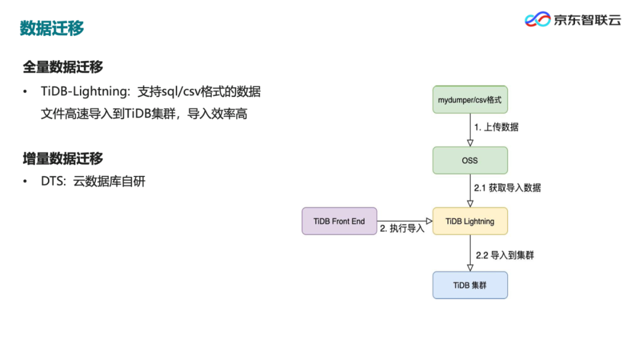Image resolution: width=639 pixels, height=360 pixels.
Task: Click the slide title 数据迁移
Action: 52,28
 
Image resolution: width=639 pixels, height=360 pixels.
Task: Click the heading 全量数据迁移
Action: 63,67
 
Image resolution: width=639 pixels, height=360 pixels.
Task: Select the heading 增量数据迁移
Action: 63,158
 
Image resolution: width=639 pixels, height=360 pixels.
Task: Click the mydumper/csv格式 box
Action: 470,99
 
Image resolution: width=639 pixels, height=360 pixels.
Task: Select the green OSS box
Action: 470,160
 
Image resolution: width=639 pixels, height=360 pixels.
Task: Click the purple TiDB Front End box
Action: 339,221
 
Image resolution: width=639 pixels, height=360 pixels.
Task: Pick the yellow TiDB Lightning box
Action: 470,221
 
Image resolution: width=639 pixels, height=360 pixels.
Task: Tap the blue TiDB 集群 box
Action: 470,285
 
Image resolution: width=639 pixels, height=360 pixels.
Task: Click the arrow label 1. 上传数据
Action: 496,127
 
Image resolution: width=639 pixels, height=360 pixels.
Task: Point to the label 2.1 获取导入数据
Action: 507,188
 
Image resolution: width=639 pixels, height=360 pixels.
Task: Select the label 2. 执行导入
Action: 402,229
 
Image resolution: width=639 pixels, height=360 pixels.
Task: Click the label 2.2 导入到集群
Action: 505,256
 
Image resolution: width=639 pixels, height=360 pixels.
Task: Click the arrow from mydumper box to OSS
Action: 470,130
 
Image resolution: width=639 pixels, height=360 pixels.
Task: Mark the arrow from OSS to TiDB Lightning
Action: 470,191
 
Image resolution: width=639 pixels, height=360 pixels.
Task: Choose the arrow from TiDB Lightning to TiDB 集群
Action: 470,253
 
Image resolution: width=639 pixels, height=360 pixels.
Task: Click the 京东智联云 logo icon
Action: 537,20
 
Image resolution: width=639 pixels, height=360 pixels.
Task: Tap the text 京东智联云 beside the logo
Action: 587,20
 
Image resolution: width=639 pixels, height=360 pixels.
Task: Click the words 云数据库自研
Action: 109,181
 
